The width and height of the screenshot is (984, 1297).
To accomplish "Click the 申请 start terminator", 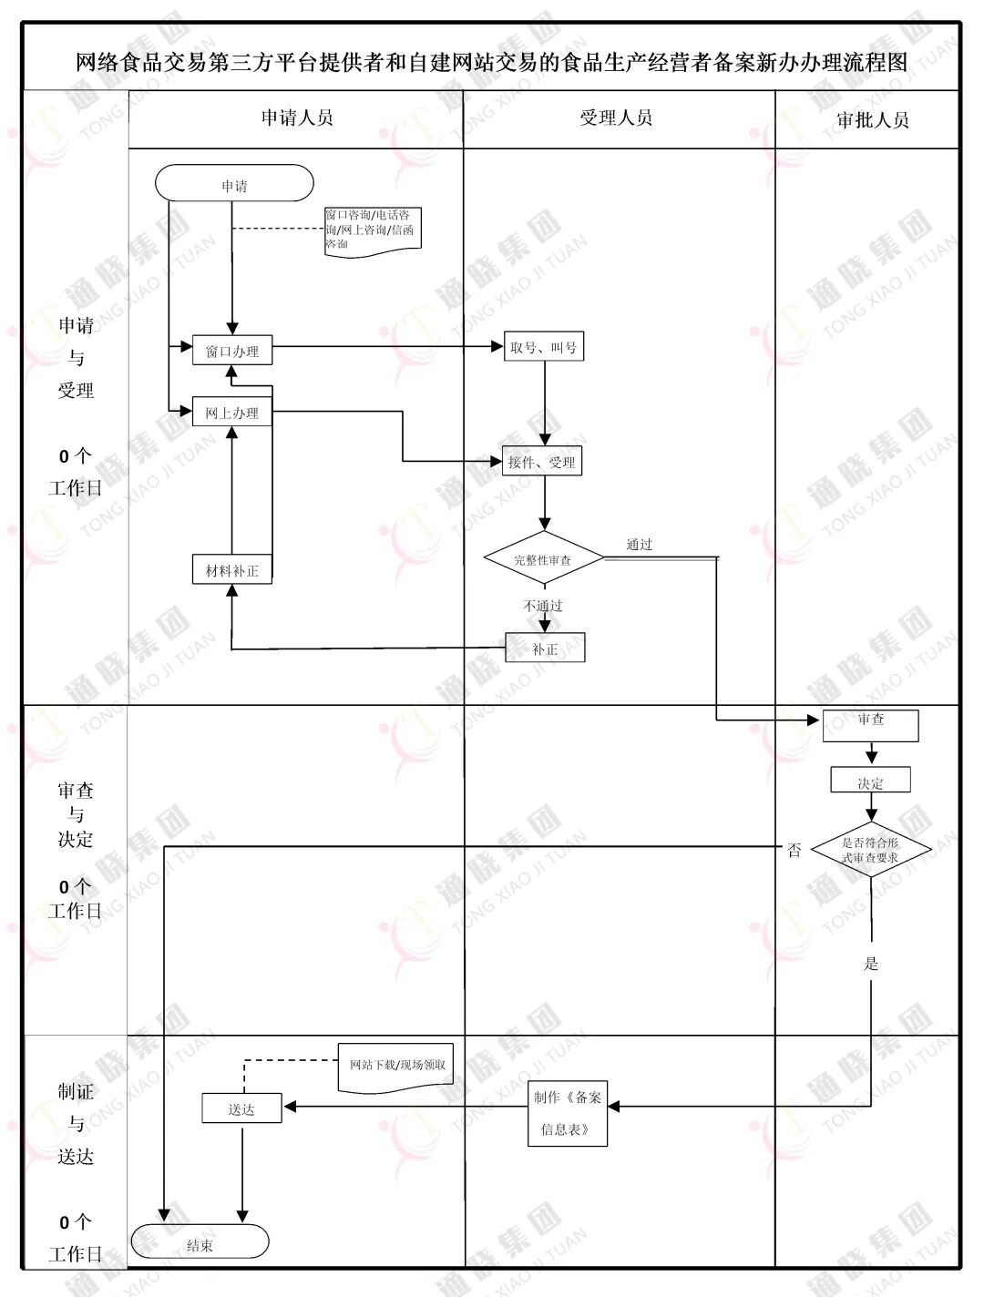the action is pyautogui.click(x=234, y=183).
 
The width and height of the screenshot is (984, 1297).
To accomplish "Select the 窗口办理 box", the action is pyautogui.click(x=232, y=351).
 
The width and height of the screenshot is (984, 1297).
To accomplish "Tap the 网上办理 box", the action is pyautogui.click(x=232, y=413).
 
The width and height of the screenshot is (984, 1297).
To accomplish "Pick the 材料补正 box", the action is pyautogui.click(x=232, y=570).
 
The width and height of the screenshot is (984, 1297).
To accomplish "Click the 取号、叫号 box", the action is pyautogui.click(x=544, y=347).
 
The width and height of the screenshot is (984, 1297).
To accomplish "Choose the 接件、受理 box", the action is pyautogui.click(x=542, y=462).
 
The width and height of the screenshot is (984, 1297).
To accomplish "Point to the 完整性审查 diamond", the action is pyautogui.click(x=543, y=559).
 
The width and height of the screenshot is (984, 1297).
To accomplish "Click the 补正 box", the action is pyautogui.click(x=545, y=648).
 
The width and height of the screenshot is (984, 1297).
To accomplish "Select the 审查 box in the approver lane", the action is pyautogui.click(x=870, y=725).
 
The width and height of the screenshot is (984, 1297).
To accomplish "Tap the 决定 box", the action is pyautogui.click(x=870, y=781).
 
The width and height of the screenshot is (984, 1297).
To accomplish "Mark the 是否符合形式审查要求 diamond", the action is pyautogui.click(x=870, y=851).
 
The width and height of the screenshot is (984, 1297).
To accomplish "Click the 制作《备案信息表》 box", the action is pyautogui.click(x=568, y=1112).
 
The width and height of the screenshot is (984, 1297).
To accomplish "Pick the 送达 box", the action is pyautogui.click(x=241, y=1108).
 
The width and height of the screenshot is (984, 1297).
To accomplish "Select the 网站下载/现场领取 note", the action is pyautogui.click(x=396, y=1064).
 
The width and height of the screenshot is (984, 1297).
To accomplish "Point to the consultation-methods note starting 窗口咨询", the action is pyautogui.click(x=373, y=230).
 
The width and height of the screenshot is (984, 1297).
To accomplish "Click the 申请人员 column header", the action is pyautogui.click(x=297, y=117).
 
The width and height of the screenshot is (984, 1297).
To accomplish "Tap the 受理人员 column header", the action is pyautogui.click(x=617, y=117).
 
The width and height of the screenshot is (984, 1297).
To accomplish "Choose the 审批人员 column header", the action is pyautogui.click(x=872, y=119).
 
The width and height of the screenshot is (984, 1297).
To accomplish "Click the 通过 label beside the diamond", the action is pyautogui.click(x=640, y=544).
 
